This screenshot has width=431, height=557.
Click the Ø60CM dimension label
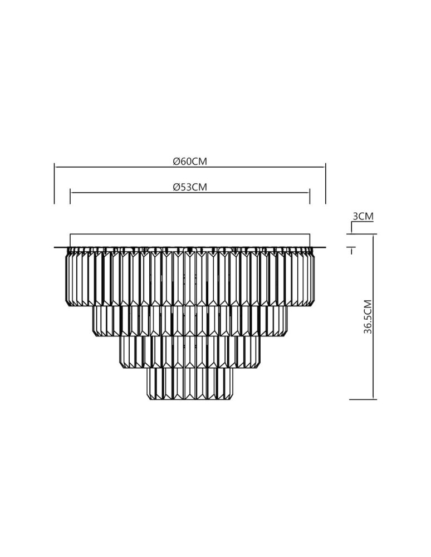(x=190, y=161)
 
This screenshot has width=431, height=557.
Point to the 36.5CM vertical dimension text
(x=368, y=317)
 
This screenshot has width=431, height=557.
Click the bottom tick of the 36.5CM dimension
(x=363, y=399)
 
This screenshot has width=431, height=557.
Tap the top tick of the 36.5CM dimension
(x=363, y=234)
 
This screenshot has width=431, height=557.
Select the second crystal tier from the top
(x=189, y=321)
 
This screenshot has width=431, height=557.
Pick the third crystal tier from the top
(x=189, y=351)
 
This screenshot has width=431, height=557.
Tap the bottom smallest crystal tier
(x=189, y=384)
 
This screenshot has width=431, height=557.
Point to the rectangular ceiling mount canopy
(x=189, y=240)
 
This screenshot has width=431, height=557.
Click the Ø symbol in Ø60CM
(x=176, y=161)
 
